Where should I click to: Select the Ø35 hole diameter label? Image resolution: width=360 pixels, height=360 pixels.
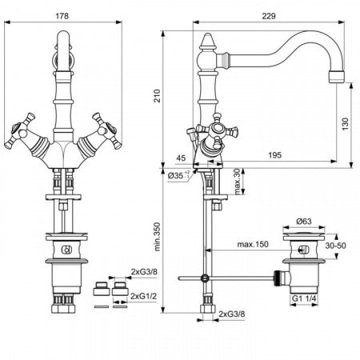(177, 174)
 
